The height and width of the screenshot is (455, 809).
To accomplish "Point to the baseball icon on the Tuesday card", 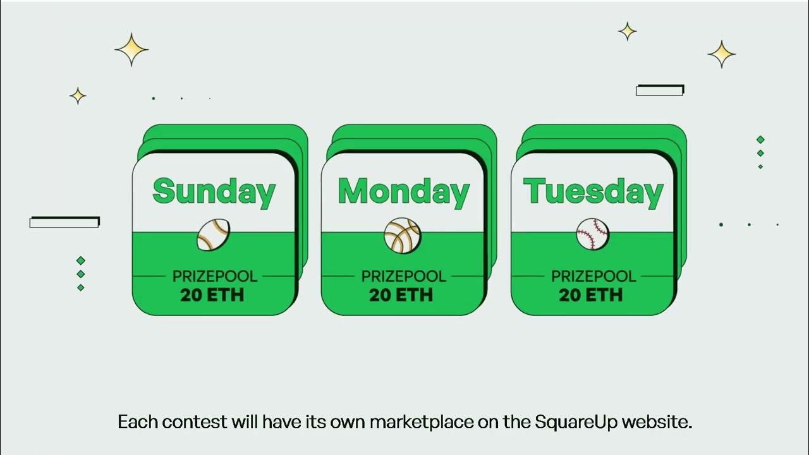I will pyautogui.click(x=592, y=234).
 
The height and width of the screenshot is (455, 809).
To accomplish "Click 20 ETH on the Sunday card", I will pyautogui.click(x=212, y=294).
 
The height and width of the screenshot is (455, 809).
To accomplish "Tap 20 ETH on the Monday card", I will pyautogui.click(x=401, y=294).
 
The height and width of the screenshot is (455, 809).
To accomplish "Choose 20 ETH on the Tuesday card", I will pyautogui.click(x=591, y=294).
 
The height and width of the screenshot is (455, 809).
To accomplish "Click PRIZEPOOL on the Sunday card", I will pyautogui.click(x=215, y=276).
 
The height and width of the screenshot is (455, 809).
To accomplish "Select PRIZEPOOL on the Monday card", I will pyautogui.click(x=404, y=276).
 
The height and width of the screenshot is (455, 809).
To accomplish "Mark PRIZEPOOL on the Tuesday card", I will pyautogui.click(x=593, y=276).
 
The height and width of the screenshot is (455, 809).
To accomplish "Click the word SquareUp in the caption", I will pyautogui.click(x=574, y=422).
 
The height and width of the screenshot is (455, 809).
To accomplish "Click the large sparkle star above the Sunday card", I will pyautogui.click(x=131, y=49).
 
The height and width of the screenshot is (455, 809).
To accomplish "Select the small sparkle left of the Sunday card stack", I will pyautogui.click(x=78, y=95).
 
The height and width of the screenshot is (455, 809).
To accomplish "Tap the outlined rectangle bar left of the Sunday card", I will pyautogui.click(x=64, y=222).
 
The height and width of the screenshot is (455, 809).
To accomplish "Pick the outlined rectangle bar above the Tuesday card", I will pyautogui.click(x=660, y=90).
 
